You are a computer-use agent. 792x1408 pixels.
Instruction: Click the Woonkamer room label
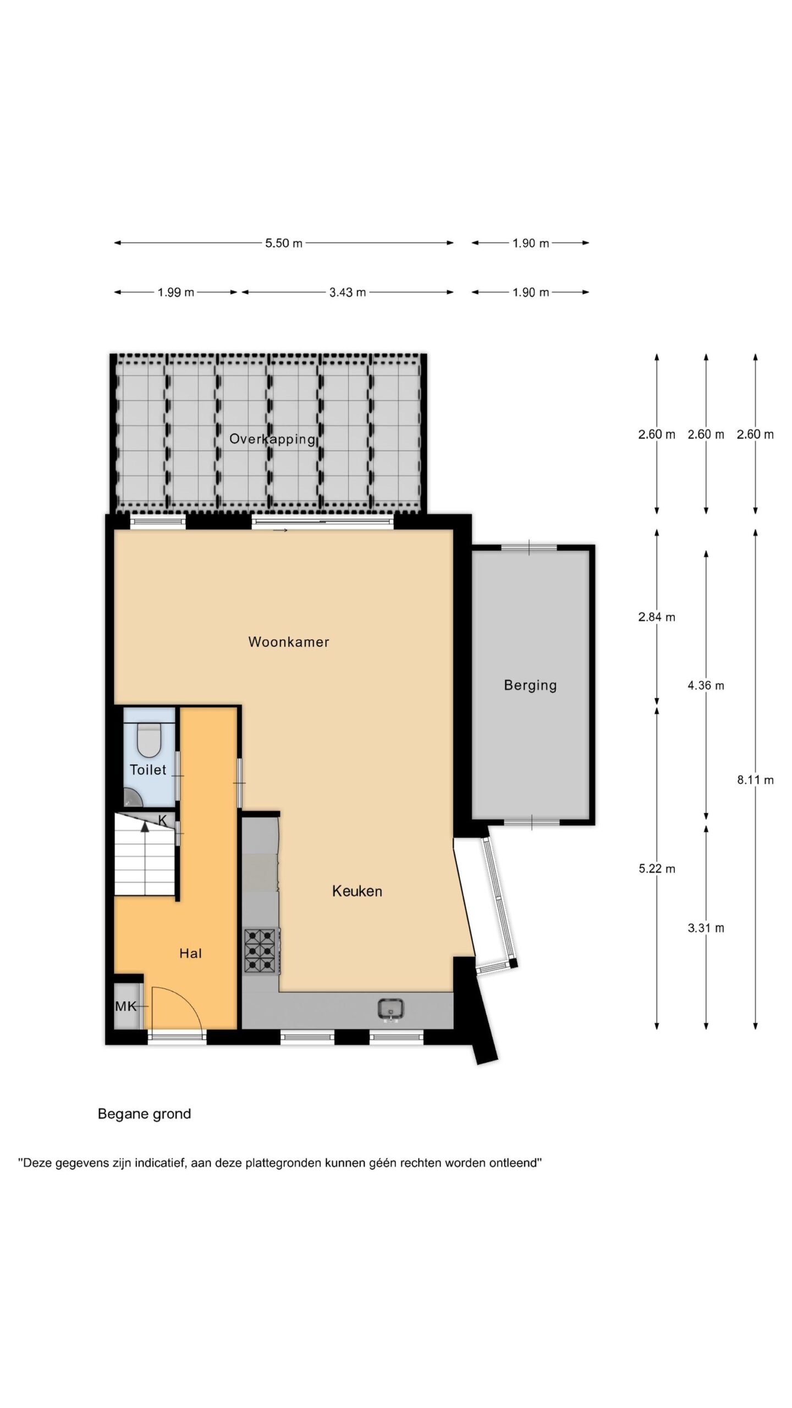(x=288, y=642)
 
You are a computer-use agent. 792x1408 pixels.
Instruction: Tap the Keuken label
(x=357, y=892)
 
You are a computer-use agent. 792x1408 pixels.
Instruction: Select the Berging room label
(x=530, y=685)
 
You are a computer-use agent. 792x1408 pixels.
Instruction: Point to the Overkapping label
(x=272, y=439)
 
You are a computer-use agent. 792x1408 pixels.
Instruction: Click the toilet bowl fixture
(x=148, y=740)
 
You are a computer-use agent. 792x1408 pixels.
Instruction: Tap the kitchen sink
(x=391, y=1008)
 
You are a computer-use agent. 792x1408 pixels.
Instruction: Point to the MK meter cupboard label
(x=125, y=1007)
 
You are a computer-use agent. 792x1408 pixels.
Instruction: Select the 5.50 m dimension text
(x=284, y=243)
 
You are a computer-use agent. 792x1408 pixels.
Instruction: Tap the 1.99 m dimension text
(x=176, y=293)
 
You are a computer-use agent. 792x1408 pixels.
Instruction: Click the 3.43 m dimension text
(x=348, y=293)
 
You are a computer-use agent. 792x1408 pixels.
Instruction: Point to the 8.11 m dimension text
(x=755, y=780)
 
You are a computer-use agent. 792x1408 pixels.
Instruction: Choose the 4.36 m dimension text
(x=706, y=685)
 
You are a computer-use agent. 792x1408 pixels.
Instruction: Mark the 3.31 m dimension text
(x=706, y=928)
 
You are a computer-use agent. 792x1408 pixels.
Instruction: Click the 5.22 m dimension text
(x=657, y=869)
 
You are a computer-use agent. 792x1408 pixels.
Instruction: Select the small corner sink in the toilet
(x=130, y=796)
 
